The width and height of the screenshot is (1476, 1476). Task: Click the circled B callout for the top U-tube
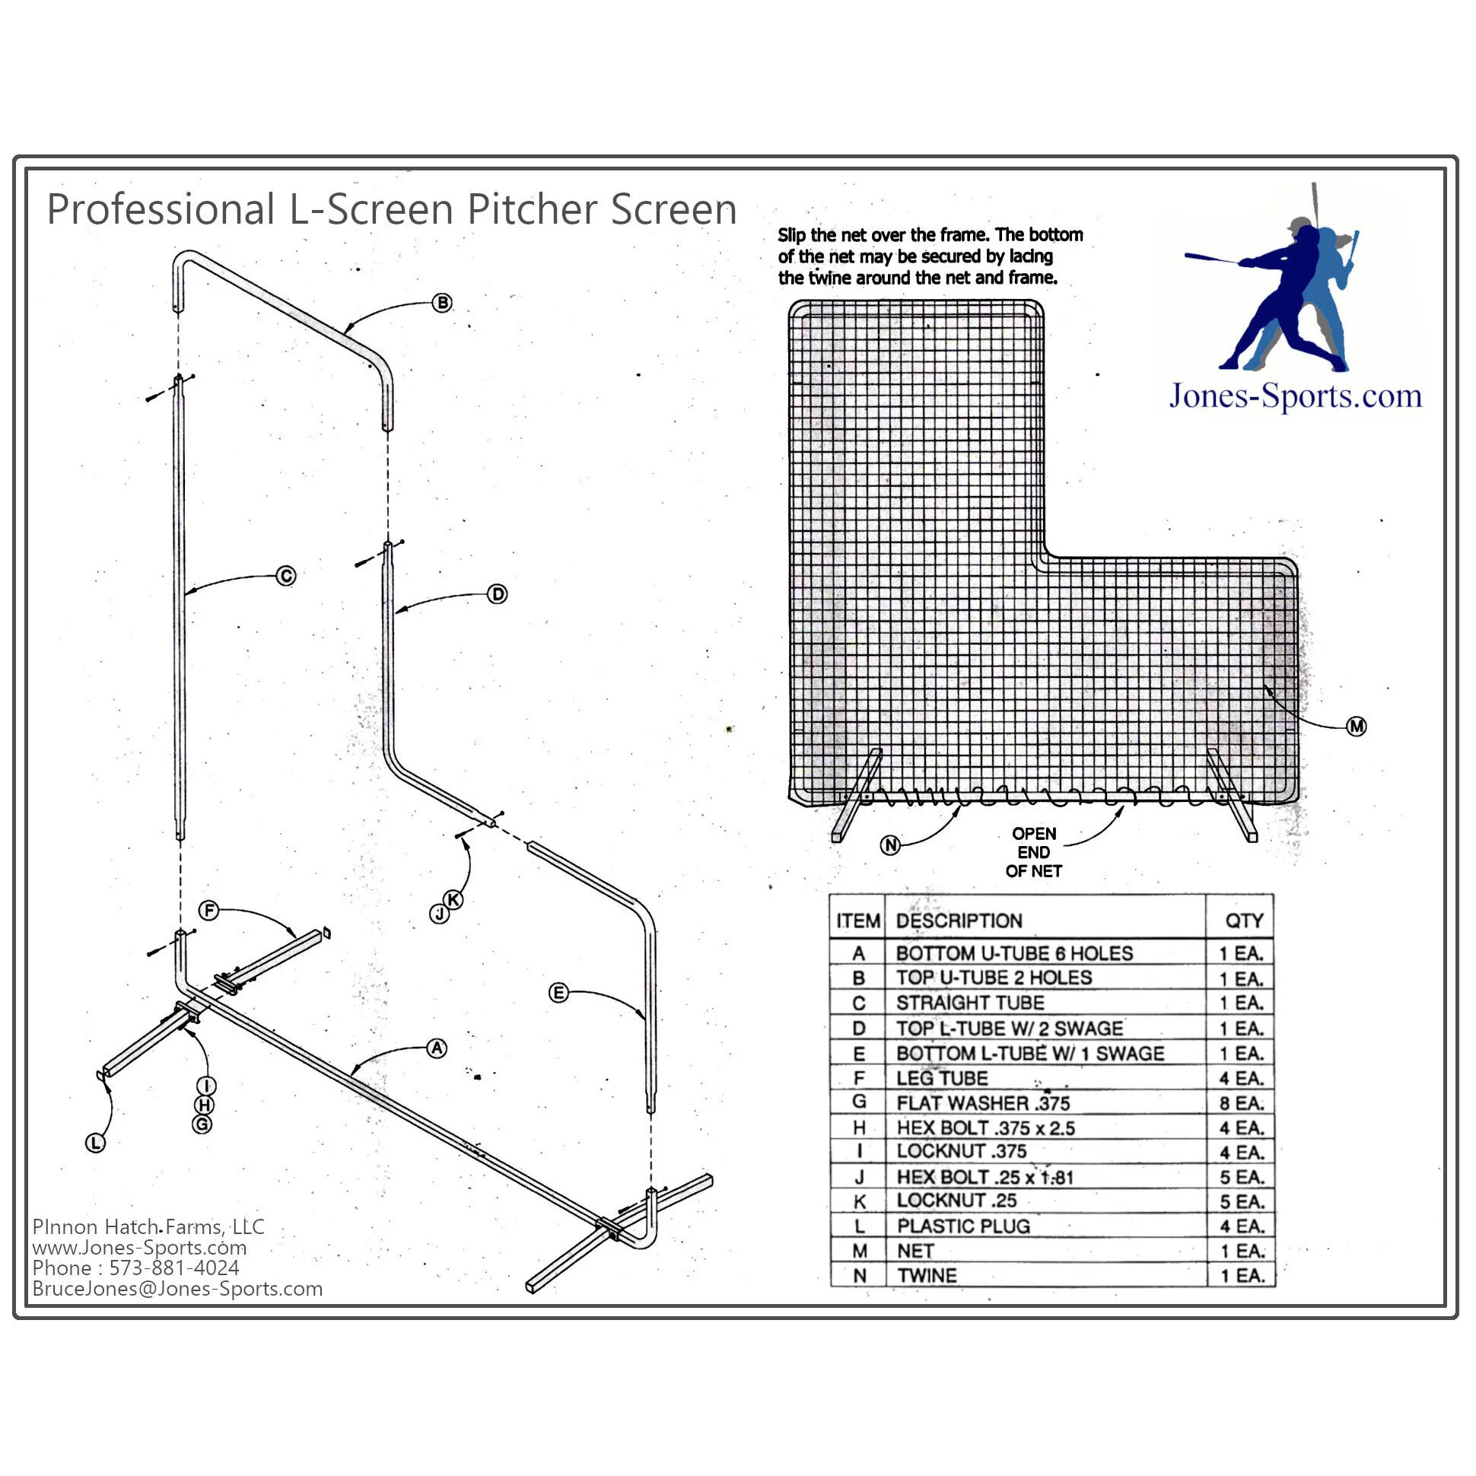(442, 303)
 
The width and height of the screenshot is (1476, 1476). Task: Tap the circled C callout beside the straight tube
(287, 576)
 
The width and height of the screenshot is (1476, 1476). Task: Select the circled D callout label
(498, 594)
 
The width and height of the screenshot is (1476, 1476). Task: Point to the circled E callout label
(559, 993)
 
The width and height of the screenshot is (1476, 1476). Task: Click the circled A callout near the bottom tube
(437, 1049)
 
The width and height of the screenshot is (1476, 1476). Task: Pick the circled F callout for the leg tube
(208, 911)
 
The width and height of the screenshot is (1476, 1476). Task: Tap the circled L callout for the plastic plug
(96, 1144)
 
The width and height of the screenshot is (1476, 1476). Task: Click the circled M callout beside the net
(1357, 727)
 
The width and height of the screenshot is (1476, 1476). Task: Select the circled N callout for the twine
(891, 846)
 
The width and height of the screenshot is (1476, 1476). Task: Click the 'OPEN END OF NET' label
(1034, 853)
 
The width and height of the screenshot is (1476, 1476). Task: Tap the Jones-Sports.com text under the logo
(1296, 396)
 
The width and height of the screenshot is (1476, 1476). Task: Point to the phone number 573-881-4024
(174, 1268)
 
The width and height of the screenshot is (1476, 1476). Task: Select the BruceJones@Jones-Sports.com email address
(177, 1289)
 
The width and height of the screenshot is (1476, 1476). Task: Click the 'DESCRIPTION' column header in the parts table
(959, 921)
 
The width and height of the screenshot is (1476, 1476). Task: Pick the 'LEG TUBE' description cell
(942, 1079)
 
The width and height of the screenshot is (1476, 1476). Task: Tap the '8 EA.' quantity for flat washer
(1242, 1103)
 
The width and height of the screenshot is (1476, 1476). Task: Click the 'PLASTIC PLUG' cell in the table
(963, 1226)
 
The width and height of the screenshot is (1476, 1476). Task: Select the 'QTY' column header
(1244, 921)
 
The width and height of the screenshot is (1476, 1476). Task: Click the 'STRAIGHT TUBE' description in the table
(970, 1003)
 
